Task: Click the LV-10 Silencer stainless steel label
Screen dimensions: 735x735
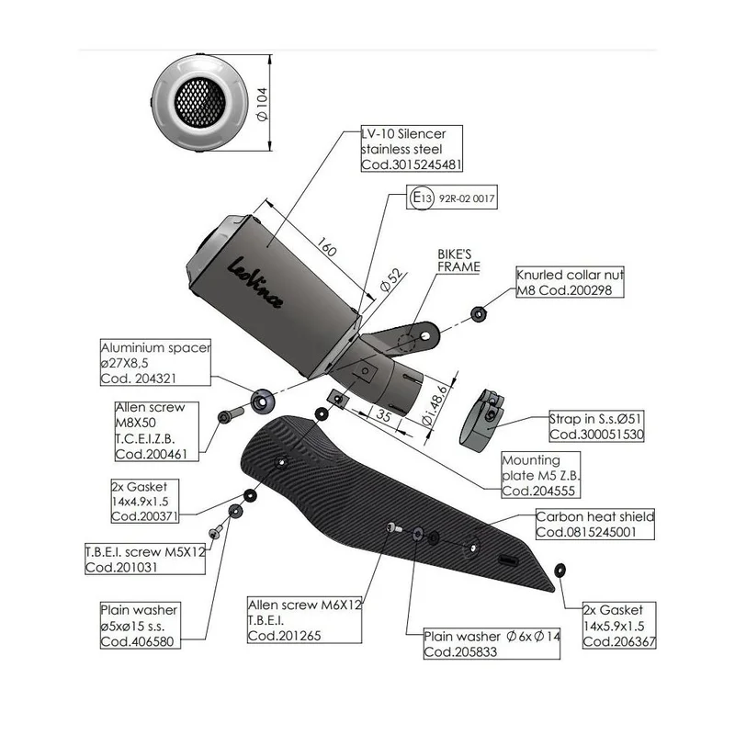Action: (x=412, y=149)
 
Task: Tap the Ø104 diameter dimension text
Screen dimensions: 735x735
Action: (x=263, y=104)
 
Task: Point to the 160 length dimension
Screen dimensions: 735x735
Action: (x=327, y=246)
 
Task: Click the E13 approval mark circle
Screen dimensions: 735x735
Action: (x=422, y=198)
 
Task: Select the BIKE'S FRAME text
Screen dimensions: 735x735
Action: (x=458, y=261)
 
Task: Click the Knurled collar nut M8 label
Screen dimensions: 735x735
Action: (x=570, y=282)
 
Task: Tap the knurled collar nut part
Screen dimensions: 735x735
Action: (x=478, y=313)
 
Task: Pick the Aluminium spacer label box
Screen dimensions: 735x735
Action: (x=155, y=362)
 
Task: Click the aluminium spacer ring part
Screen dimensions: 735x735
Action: (x=262, y=401)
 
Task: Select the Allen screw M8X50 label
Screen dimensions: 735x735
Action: (x=156, y=431)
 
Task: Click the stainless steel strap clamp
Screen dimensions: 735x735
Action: (x=481, y=420)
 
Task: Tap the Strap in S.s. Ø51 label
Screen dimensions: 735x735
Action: (x=596, y=426)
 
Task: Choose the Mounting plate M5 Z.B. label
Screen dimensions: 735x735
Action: (x=540, y=475)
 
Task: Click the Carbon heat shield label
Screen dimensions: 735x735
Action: (x=594, y=524)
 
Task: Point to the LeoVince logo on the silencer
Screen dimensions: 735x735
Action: (x=254, y=283)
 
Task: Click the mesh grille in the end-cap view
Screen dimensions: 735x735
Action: (x=200, y=102)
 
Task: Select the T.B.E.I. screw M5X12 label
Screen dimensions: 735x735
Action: (x=145, y=559)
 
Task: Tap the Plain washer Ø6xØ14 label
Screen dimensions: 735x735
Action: (x=492, y=644)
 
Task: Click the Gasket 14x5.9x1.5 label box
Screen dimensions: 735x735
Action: (x=618, y=626)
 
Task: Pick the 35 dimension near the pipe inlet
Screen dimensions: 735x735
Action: (x=383, y=415)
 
